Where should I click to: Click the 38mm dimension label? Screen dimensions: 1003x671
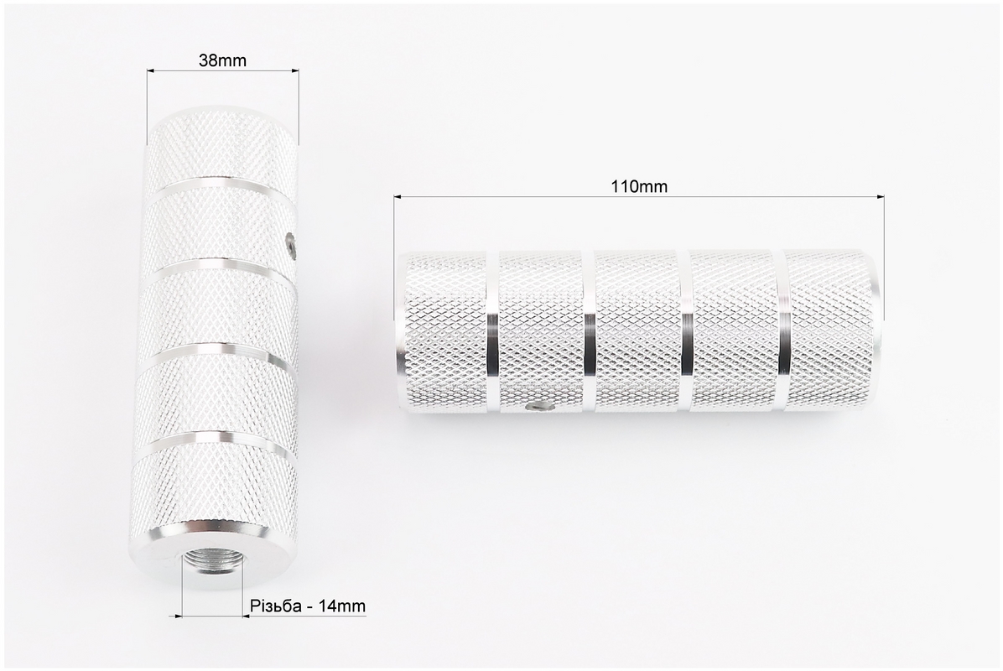click(222, 60)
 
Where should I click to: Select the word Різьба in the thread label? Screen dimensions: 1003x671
click(276, 605)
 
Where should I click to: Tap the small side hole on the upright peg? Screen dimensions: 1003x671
click(290, 244)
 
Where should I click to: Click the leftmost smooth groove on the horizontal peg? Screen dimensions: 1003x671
click(492, 331)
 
